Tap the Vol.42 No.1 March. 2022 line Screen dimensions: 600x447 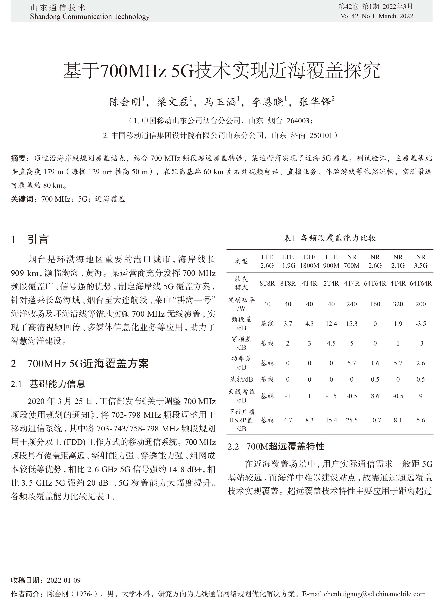coord(377,16)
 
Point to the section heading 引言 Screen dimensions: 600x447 coord(38,240)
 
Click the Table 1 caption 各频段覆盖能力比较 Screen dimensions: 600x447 coord(338,238)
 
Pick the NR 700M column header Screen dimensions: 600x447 coord(352,261)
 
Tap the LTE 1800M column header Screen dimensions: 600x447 coord(309,261)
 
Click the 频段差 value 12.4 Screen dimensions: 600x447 coord(331,324)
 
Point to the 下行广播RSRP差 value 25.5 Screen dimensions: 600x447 coord(352,420)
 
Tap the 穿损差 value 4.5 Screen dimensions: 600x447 coord(331,343)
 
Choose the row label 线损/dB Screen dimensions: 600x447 coord(241,379)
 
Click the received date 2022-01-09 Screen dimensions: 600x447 coord(64,580)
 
